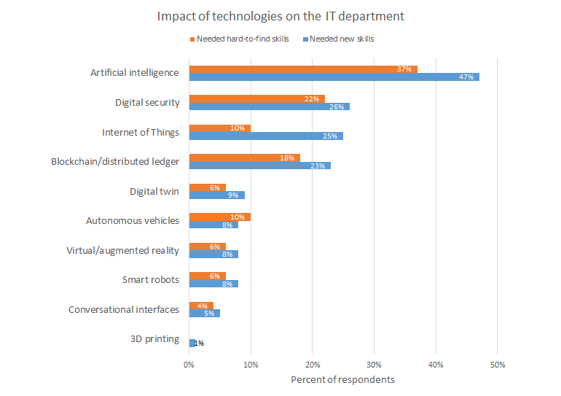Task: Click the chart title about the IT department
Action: click(280, 16)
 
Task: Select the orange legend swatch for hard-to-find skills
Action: click(192, 39)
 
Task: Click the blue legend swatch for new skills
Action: click(306, 39)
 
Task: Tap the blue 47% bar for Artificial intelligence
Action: click(334, 77)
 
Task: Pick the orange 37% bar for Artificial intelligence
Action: click(303, 69)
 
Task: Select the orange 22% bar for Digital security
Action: click(256, 98)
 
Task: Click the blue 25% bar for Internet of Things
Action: click(266, 136)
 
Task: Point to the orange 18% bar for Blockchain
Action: click(244, 158)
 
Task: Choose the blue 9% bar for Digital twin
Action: click(216, 195)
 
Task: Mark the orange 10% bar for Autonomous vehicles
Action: click(219, 217)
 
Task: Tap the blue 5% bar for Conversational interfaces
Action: click(204, 314)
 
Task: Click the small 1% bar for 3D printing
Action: click(192, 343)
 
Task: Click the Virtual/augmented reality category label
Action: click(122, 250)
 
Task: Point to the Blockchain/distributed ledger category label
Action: click(115, 161)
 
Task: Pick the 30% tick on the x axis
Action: click(374, 365)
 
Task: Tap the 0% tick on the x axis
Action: click(189, 365)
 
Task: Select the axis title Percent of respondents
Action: click(343, 380)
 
